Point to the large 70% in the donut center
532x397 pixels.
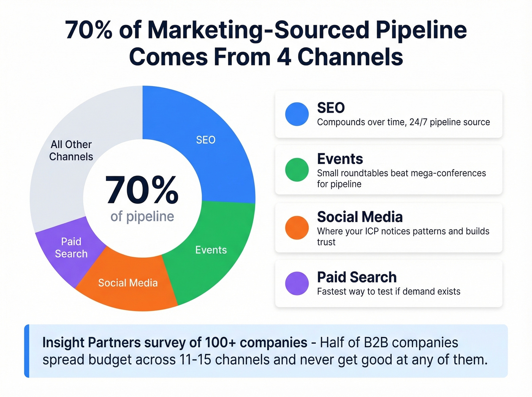pos(142,190)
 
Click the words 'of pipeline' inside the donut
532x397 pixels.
pos(142,217)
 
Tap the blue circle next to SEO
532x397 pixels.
pos(297,114)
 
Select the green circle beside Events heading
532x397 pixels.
pos(297,170)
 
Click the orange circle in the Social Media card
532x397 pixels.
pos(297,228)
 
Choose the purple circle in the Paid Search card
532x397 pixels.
pos(297,283)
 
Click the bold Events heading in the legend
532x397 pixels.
pos(340,159)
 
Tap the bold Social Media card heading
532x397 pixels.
pos(360,217)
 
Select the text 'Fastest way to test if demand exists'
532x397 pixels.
pos(388,291)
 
